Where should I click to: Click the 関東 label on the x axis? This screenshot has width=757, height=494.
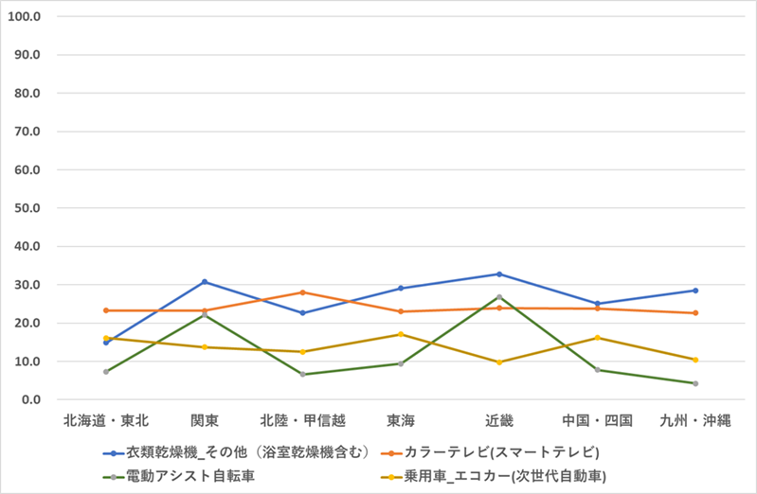point(205,418)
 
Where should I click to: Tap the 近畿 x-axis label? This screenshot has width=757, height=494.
point(499,418)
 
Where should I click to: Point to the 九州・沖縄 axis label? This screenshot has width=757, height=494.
point(695,418)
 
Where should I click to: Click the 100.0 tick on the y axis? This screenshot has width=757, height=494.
point(28,16)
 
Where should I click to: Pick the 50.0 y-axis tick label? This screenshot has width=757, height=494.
point(31,207)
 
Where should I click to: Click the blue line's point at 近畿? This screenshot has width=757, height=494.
point(499,274)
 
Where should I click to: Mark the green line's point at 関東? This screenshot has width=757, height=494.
point(205,314)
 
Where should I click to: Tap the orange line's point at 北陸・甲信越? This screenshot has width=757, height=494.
point(303,292)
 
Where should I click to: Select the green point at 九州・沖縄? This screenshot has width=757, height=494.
point(695,383)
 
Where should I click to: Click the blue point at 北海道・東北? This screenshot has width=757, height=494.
point(106,343)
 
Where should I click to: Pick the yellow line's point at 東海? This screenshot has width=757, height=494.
point(401,334)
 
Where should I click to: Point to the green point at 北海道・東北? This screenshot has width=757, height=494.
point(106,372)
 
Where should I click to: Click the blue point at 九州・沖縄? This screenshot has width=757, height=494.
point(695,291)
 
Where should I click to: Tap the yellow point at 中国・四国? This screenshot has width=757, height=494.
point(597,338)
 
